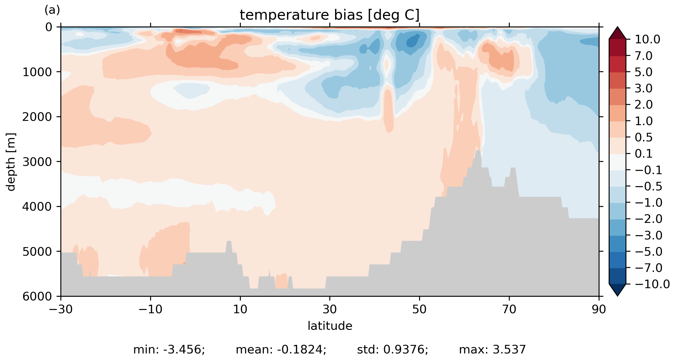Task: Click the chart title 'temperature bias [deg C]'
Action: (x=330, y=15)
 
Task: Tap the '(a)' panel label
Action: (x=52, y=10)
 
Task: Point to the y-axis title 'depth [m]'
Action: (x=11, y=162)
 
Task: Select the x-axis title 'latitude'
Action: (x=330, y=326)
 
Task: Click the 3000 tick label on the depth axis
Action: (x=37, y=162)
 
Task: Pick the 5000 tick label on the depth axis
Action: (x=37, y=252)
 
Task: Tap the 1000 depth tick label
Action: (x=37, y=72)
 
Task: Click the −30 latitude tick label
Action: (x=61, y=310)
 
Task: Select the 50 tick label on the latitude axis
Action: (x=419, y=310)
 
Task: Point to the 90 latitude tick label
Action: (x=599, y=310)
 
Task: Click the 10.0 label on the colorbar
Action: (x=647, y=40)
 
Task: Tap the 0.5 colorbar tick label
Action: (x=644, y=138)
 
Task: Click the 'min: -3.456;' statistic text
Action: (x=169, y=350)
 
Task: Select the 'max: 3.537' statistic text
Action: (x=492, y=350)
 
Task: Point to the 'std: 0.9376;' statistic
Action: (x=392, y=350)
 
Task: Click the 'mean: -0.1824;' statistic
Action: (x=281, y=350)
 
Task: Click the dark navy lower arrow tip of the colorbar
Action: (x=617, y=290)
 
